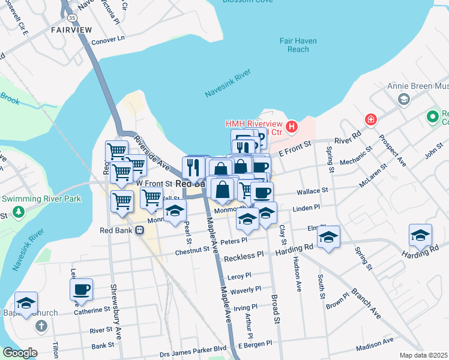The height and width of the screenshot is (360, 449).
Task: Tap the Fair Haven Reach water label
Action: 298,45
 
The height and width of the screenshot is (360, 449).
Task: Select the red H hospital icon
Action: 292,127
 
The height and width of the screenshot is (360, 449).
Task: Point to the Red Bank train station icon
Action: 139,229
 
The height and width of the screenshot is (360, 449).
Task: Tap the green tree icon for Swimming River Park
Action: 19,211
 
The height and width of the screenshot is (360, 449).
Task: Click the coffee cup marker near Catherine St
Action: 81,289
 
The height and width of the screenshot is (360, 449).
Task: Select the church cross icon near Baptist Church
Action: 41,326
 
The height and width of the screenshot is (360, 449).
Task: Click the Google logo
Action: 19,353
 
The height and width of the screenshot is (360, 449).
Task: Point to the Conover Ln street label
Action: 107,41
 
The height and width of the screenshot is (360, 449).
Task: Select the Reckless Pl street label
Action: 244,257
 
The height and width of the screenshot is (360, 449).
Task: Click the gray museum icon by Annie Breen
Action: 404,99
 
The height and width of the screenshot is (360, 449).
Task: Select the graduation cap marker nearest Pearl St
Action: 175,212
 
